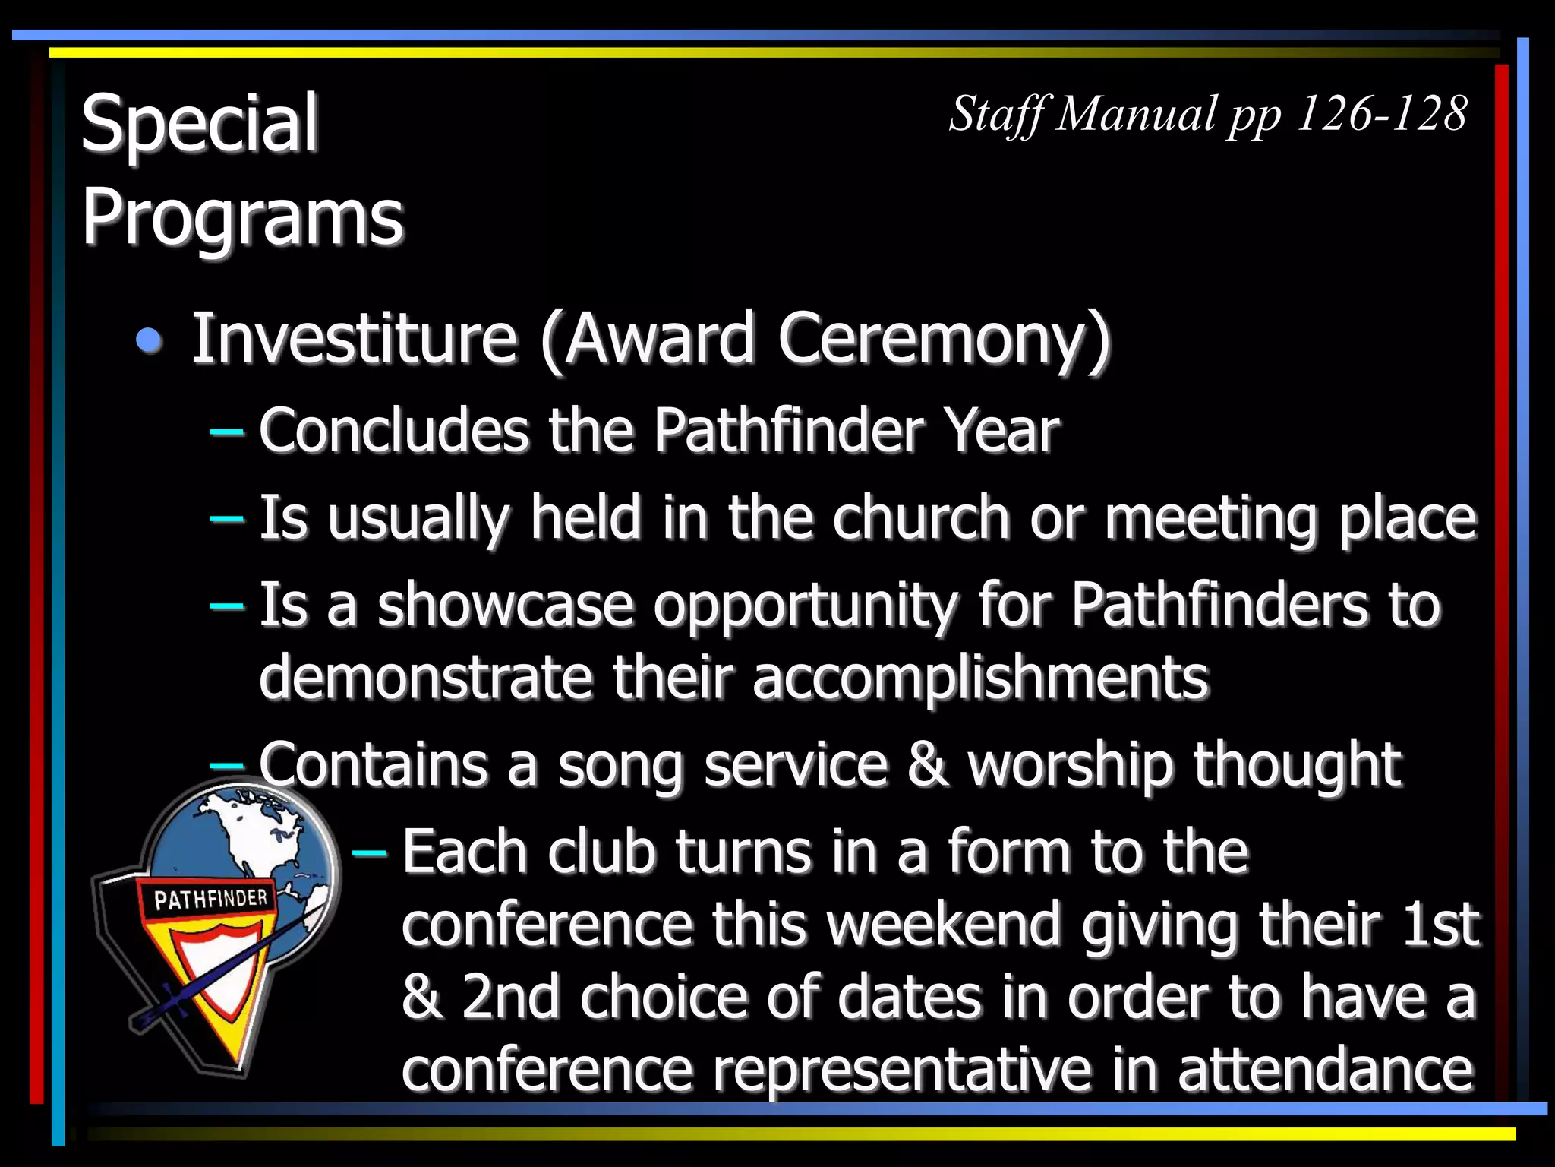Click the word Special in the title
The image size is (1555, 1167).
(x=199, y=124)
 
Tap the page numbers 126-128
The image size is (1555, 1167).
(x=1382, y=114)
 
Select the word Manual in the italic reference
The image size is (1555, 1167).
(x=1137, y=114)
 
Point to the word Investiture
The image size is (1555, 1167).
(x=355, y=338)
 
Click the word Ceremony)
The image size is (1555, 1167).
(x=944, y=340)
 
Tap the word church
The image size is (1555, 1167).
(x=921, y=518)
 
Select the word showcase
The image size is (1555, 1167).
(x=505, y=606)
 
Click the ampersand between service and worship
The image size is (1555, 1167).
(x=927, y=764)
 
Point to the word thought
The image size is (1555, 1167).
(x=1296, y=764)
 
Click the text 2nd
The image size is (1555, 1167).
(x=511, y=997)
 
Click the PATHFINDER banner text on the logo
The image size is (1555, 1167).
(x=210, y=899)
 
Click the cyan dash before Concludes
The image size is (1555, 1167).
(x=226, y=432)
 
